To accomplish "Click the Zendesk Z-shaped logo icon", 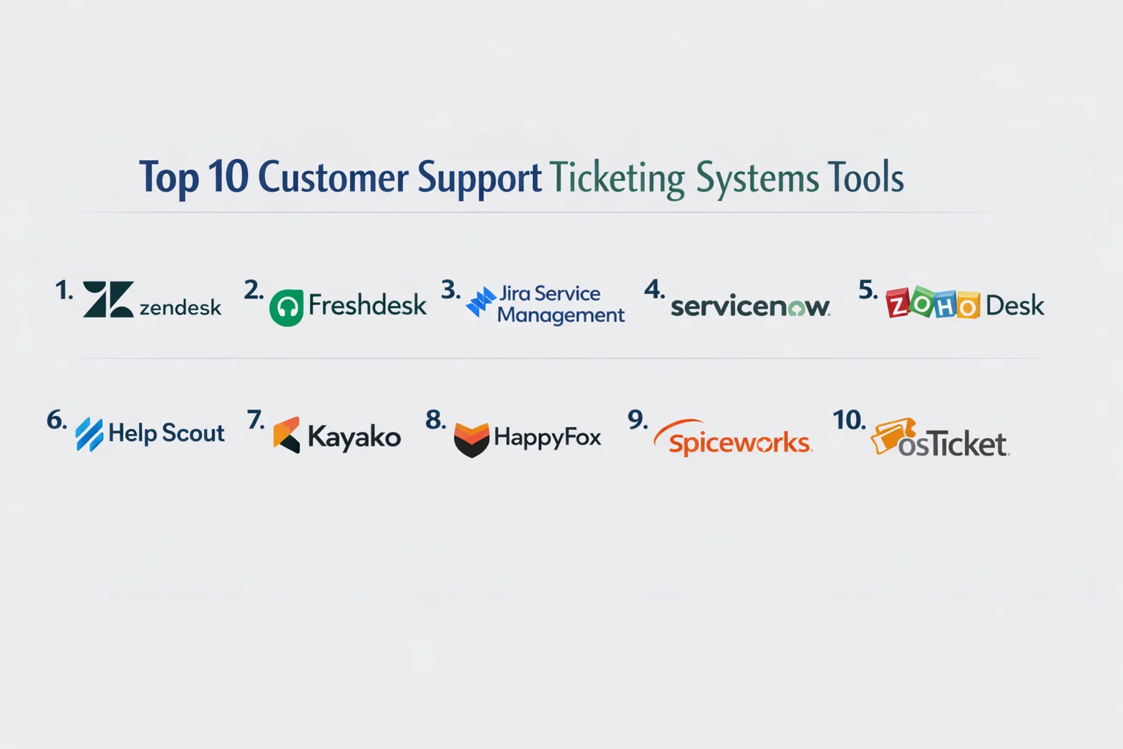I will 108,299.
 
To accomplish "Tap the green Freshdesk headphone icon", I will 286,308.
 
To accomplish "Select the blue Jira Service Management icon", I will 480,301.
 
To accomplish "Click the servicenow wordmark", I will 749,306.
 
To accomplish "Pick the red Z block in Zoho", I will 898,304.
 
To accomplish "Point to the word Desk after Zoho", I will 1015,305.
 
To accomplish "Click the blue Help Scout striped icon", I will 89,434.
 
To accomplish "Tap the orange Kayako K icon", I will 287,434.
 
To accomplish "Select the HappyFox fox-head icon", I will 472,439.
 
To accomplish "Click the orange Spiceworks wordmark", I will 738,443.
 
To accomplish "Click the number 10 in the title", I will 228,177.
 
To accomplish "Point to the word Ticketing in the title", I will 617,178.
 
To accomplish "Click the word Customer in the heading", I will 333,178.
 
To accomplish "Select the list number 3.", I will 450,290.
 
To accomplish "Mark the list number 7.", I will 255,420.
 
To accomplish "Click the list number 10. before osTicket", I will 849,420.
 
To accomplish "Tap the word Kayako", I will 354,437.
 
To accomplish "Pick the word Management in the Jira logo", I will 561,315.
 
